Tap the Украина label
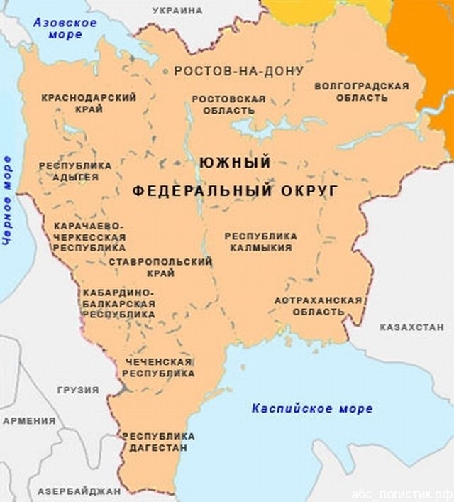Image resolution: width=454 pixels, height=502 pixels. pyautogui.click(x=177, y=11)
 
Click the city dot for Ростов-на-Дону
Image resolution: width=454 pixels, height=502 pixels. pyautogui.click(x=166, y=71)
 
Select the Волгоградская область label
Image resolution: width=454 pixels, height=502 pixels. pyautogui.click(x=361, y=92)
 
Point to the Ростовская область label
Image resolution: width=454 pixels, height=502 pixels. pyautogui.click(x=228, y=104)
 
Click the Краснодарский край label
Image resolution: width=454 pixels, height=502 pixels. pyautogui.click(x=89, y=103)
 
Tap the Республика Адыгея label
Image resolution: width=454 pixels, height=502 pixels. pyautogui.click(x=74, y=171)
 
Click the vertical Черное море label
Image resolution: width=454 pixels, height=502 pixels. pyautogui.click(x=9, y=200)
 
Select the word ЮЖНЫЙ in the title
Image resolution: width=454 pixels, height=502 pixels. pyautogui.click(x=235, y=163)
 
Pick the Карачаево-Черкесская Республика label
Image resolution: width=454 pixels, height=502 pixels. pyautogui.click(x=89, y=236)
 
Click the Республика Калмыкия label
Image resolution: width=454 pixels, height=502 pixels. pyautogui.click(x=260, y=241)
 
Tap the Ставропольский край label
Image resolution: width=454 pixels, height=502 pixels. pyautogui.click(x=160, y=268)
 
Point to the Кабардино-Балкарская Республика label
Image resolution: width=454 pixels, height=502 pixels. pyautogui.click(x=118, y=302)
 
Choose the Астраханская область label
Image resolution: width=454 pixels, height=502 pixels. pyautogui.click(x=318, y=305)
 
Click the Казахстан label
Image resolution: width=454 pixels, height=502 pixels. pyautogui.click(x=411, y=327)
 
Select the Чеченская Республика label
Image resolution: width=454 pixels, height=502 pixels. pyautogui.click(x=160, y=367)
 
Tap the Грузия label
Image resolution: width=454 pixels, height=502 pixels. pyautogui.click(x=78, y=390)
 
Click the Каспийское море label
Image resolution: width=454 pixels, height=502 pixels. pyautogui.click(x=311, y=408)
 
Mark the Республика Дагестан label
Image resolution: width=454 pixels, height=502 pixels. pyautogui.click(x=158, y=442)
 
